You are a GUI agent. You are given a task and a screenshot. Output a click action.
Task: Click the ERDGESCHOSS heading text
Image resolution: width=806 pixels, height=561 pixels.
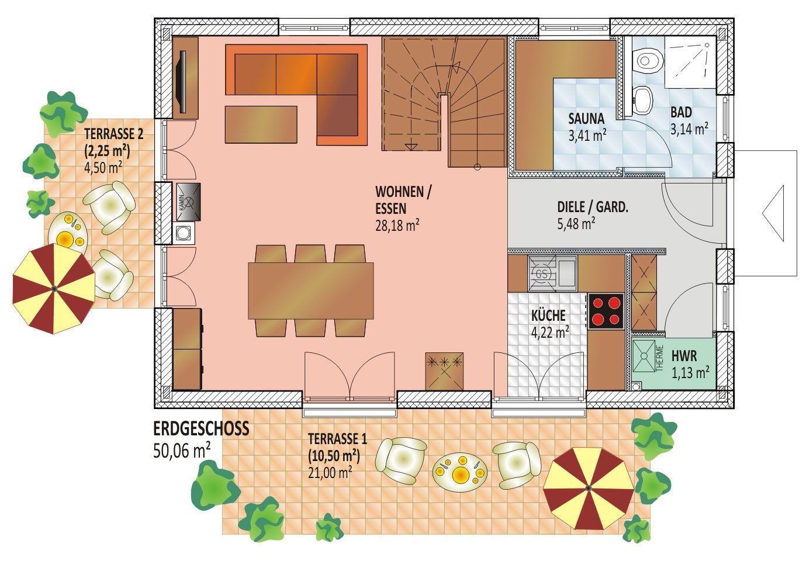point(201,428)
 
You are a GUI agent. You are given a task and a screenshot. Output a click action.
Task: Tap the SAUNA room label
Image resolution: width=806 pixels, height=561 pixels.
point(586,119)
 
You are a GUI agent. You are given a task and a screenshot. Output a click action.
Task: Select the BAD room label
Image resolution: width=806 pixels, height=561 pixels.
point(681,112)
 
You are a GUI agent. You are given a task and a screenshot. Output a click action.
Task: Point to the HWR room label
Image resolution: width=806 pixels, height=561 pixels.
point(684,356)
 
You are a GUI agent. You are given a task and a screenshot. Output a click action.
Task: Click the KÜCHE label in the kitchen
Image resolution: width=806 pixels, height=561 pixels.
point(548,315)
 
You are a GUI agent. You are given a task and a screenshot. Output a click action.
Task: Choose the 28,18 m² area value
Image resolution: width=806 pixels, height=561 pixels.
point(397,226)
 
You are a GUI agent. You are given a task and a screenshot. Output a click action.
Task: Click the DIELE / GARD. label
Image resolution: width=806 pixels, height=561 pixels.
point(593,207)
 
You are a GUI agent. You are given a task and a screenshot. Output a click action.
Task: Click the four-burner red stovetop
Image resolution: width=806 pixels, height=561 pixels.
point(606,311)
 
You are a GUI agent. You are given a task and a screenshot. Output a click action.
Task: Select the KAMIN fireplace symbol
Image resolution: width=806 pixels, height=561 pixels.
point(188,202)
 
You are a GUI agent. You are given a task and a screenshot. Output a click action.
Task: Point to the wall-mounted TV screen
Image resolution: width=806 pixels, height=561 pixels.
point(182,82)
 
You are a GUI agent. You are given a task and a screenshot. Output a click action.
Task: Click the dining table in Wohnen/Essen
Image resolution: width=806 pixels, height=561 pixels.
point(310,291)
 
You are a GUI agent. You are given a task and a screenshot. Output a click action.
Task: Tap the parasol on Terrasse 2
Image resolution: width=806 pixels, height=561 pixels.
point(54,288)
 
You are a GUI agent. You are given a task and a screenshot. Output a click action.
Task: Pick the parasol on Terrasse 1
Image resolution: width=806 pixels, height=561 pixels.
point(589,488)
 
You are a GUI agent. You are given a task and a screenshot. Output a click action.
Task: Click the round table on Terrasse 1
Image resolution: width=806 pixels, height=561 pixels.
point(460,472)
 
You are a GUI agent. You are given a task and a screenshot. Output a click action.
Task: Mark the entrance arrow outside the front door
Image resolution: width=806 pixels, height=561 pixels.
point(773,213)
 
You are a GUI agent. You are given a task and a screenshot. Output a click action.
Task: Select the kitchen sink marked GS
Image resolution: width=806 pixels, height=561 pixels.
point(552,273)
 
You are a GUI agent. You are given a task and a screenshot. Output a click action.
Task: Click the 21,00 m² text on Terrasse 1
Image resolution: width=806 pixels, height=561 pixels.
point(330,472)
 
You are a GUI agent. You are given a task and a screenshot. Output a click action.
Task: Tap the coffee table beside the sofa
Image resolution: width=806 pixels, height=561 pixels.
point(261,124)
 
